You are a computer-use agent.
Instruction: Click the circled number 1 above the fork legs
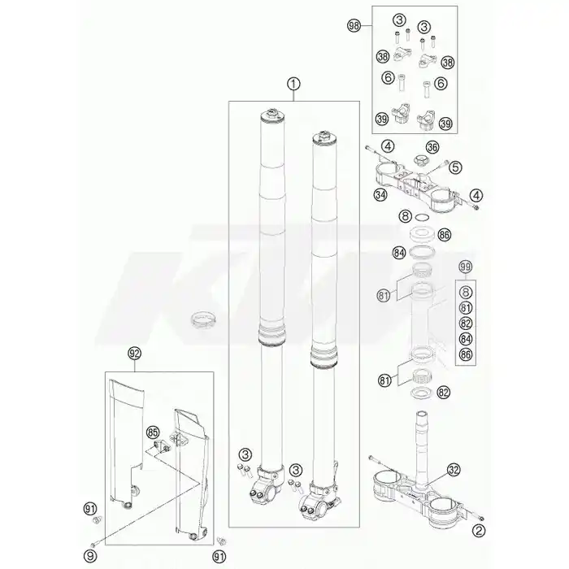pyautogui.click(x=293, y=85)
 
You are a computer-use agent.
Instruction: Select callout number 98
pyautogui.click(x=354, y=26)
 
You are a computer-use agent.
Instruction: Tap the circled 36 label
pyautogui.click(x=432, y=147)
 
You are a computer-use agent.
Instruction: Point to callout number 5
pyautogui.click(x=455, y=167)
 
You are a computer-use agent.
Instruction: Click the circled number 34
pyautogui.click(x=380, y=195)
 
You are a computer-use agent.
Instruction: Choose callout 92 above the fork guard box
pyautogui.click(x=134, y=353)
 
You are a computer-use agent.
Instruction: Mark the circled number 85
pyautogui.click(x=153, y=432)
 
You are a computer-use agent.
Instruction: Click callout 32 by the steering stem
pyautogui.click(x=454, y=470)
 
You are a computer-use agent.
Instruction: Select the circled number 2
pyautogui.click(x=479, y=532)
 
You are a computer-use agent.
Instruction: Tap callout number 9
pyautogui.click(x=90, y=555)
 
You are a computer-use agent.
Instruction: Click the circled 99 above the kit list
pyautogui.click(x=466, y=267)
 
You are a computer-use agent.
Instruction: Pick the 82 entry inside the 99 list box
pyautogui.click(x=466, y=324)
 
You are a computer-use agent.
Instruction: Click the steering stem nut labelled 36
pyautogui.click(x=419, y=159)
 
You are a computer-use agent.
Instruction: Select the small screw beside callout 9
pyautogui.click(x=94, y=545)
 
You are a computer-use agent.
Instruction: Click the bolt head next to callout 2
pyautogui.click(x=481, y=519)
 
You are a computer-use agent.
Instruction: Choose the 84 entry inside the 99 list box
pyautogui.click(x=466, y=339)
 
